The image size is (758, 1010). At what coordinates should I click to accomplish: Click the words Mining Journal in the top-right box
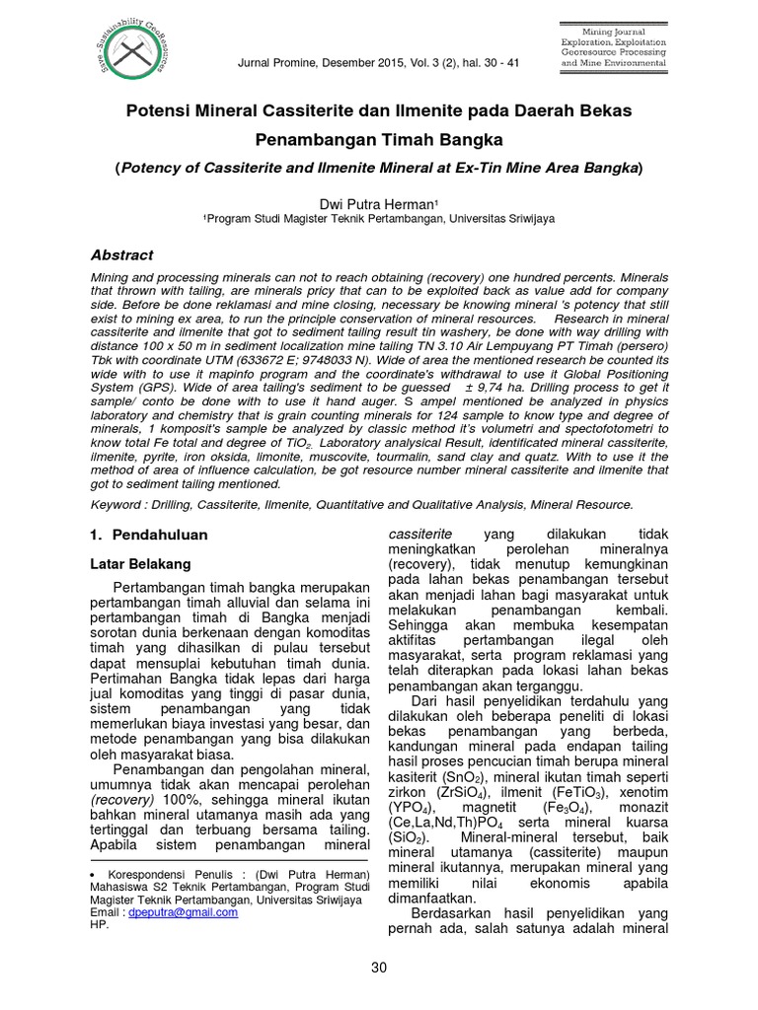point(613,34)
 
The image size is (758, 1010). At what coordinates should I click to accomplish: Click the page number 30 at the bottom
point(379,968)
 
